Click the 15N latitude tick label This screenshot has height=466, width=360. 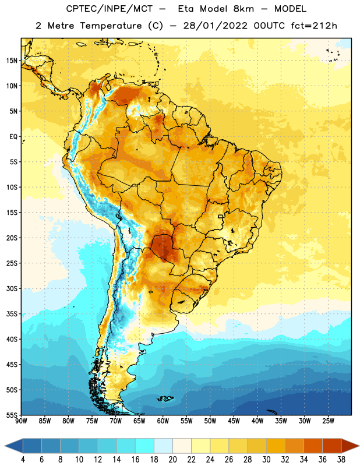click(x=12, y=61)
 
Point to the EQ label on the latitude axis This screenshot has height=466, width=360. click(x=13, y=137)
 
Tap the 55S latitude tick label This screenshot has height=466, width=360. click(x=12, y=415)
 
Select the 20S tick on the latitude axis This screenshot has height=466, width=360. click(x=12, y=238)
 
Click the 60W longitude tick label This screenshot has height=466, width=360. click(x=163, y=421)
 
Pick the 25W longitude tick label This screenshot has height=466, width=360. click(x=328, y=421)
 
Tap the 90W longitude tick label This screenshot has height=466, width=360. click(x=21, y=421)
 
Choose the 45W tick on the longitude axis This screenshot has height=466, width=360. click(x=234, y=421)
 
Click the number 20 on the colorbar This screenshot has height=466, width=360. click(x=172, y=460)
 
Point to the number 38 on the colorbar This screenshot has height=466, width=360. click(x=341, y=460)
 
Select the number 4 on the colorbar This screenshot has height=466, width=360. click(x=23, y=460)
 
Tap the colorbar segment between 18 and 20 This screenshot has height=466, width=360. click(x=164, y=446)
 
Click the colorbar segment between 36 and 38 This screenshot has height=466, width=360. click(x=332, y=446)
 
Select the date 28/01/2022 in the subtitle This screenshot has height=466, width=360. click(x=215, y=26)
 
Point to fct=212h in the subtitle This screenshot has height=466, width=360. click(x=314, y=26)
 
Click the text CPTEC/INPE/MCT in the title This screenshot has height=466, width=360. click(x=109, y=9)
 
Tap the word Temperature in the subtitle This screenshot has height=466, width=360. click(x=111, y=26)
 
